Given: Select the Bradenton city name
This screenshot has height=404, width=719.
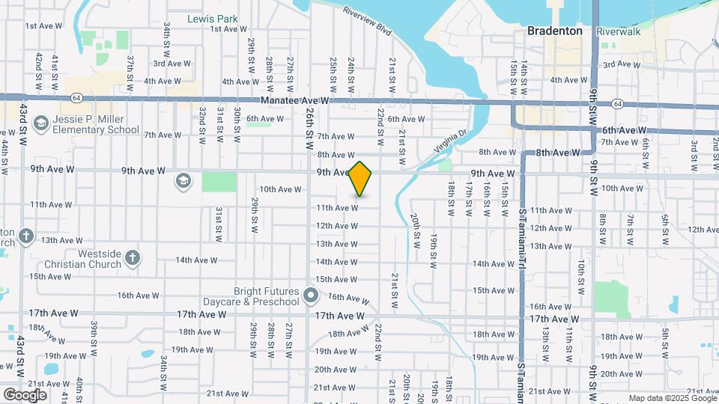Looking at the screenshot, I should [x=555, y=31].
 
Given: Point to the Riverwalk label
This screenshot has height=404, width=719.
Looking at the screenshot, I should [x=618, y=31].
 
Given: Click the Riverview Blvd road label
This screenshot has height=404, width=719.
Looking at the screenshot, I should [x=368, y=22].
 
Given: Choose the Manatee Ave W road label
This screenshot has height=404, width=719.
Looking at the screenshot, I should [x=295, y=100].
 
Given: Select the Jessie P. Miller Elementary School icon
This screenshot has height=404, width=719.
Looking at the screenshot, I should [x=40, y=122].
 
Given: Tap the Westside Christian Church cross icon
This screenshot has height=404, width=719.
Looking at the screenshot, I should [x=133, y=258].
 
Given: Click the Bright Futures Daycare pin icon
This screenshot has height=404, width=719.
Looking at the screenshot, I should [x=311, y=296].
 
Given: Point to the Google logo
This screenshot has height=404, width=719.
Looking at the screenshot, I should [x=25, y=394].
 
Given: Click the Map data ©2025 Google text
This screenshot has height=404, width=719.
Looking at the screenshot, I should [x=672, y=398].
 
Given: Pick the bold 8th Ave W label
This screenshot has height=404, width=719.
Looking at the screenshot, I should [x=558, y=153].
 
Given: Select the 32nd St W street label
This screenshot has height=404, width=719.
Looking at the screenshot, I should [x=202, y=125].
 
